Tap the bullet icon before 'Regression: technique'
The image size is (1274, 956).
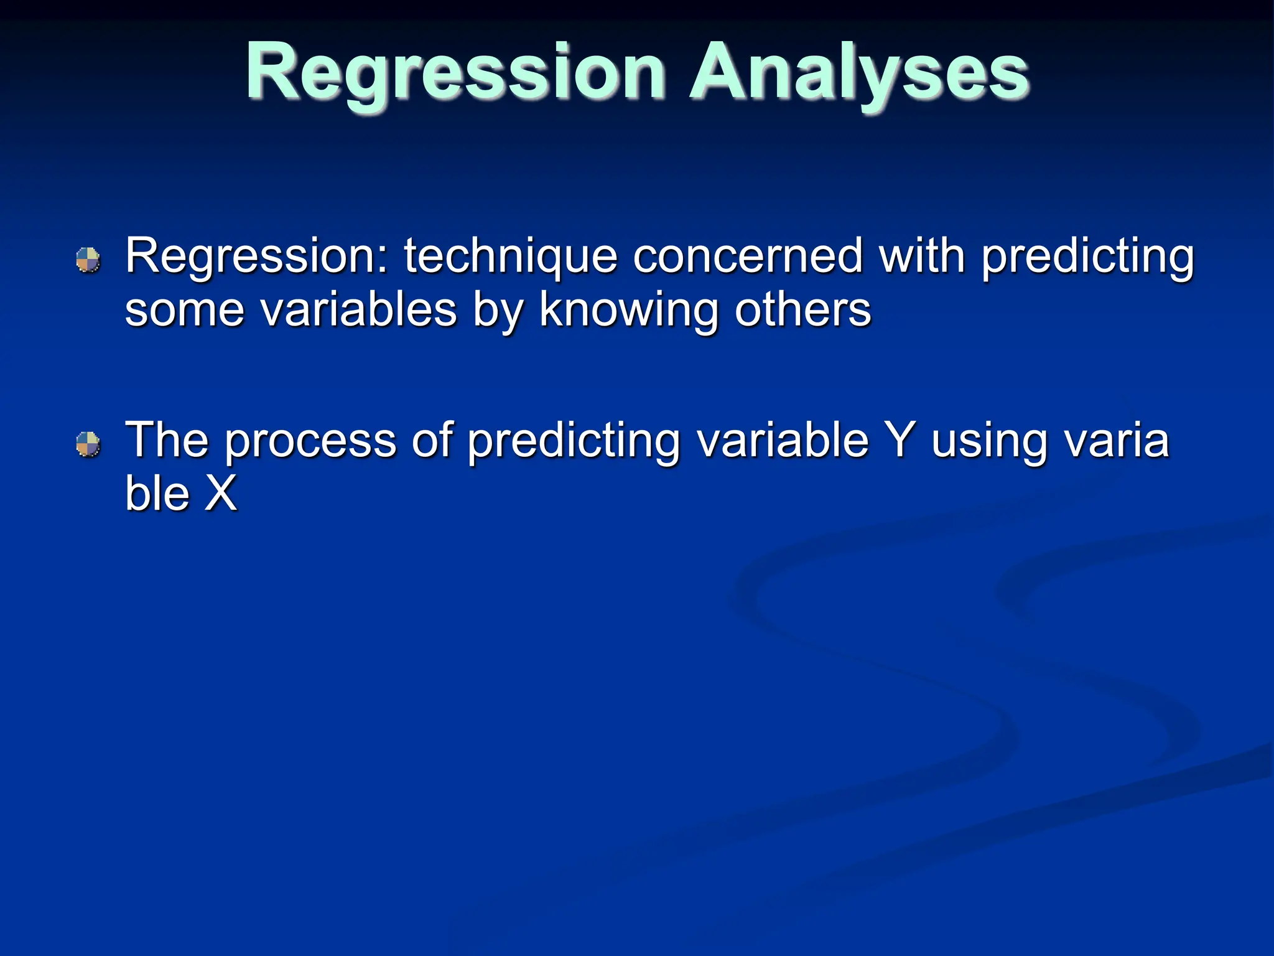coord(88,260)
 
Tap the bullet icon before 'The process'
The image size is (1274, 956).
coord(88,444)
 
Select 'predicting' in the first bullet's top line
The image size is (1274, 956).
coord(1087,256)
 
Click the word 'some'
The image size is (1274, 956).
coord(184,310)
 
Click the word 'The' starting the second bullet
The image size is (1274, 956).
coord(167,439)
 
